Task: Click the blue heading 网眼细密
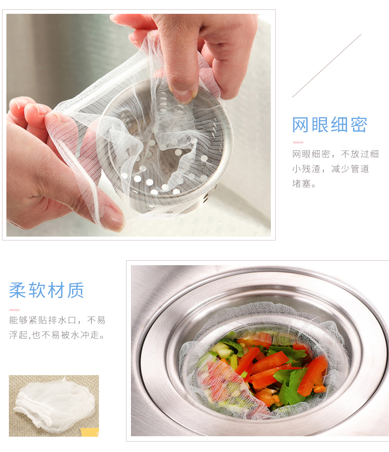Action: (330, 125)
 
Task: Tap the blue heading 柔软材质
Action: (46, 290)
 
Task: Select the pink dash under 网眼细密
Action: (298, 142)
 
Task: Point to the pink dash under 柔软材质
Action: (14, 310)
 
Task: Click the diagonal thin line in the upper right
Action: (326, 66)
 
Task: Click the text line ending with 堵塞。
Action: (304, 183)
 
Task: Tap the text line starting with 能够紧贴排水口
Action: (57, 320)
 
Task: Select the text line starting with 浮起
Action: (57, 335)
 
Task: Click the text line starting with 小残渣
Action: (330, 169)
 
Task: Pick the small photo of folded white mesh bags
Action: (54, 406)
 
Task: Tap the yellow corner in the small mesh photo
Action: (90, 432)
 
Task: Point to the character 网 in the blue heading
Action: (300, 125)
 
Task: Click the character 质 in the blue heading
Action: (75, 290)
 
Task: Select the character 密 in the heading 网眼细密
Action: (359, 125)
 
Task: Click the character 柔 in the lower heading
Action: (18, 290)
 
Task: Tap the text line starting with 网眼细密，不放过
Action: (335, 154)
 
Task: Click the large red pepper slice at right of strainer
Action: (313, 375)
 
